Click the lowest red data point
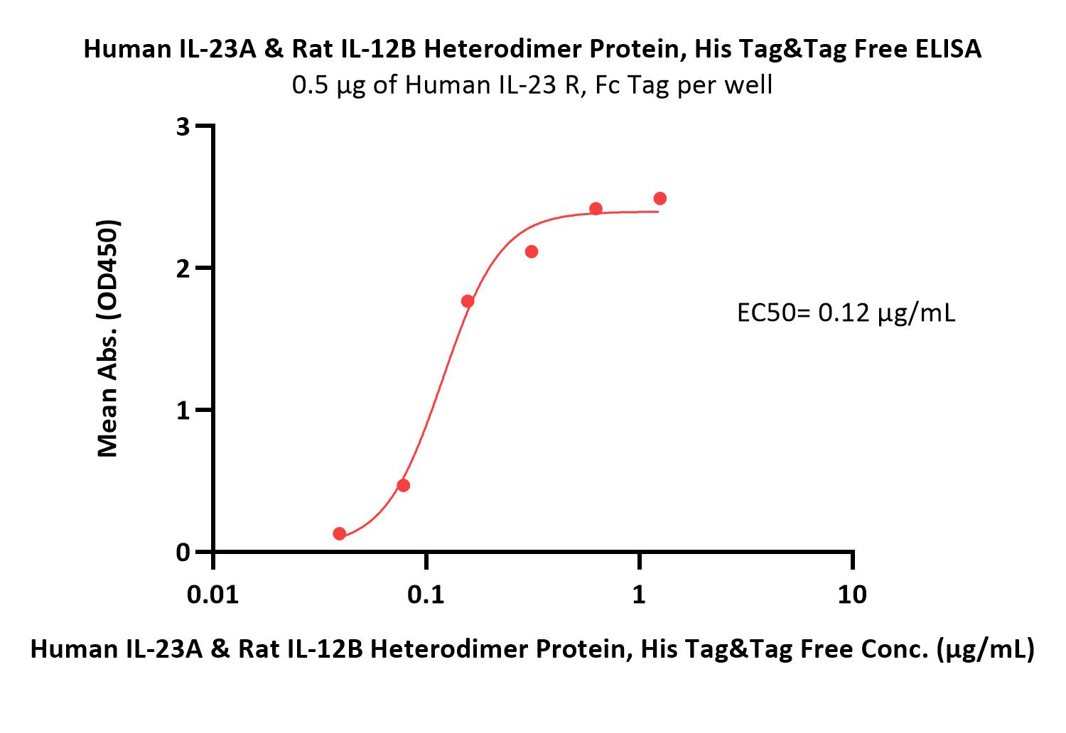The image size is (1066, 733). pos(339,533)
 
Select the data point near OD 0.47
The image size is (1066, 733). pos(403,485)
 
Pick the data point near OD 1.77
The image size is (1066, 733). pos(468,301)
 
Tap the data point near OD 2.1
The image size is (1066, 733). pos(532,251)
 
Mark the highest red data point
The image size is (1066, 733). pos(659,198)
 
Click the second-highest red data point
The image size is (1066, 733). pos(596,208)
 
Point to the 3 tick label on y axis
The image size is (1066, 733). pos(183,126)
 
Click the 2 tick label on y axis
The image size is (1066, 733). pos(183,268)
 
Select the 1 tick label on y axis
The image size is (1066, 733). pos(183,411)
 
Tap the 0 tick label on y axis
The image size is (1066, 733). pos(183,553)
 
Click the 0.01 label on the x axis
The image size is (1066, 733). pos(212,594)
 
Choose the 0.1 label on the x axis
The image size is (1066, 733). pos(426,594)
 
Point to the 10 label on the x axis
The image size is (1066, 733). pos(852,594)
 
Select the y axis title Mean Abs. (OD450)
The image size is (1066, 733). pos(107,338)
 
